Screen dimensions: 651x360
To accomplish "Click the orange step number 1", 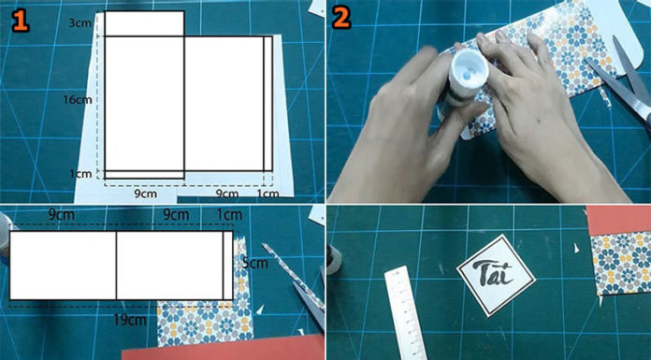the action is pyautogui.click(x=20, y=21).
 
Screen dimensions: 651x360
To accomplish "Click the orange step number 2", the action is pyautogui.click(x=341, y=19).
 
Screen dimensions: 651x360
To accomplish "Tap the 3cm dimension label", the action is pyautogui.click(x=80, y=22).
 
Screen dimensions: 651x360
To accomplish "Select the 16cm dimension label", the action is pyautogui.click(x=78, y=100).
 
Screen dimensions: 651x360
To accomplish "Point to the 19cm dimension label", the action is pyautogui.click(x=130, y=320).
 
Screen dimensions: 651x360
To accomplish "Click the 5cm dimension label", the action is pyautogui.click(x=254, y=263).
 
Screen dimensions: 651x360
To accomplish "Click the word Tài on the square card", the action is pyautogui.click(x=497, y=274).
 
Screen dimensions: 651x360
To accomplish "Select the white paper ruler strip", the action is pyautogui.click(x=405, y=313).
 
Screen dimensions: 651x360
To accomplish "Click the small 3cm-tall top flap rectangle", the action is pyautogui.click(x=144, y=23).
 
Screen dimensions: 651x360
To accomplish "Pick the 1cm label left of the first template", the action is pyautogui.click(x=80, y=174).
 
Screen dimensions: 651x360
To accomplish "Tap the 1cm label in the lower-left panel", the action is pyautogui.click(x=229, y=215).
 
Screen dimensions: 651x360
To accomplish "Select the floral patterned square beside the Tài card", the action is pyautogui.click(x=621, y=264).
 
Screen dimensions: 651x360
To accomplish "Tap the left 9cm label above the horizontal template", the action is pyautogui.click(x=61, y=215).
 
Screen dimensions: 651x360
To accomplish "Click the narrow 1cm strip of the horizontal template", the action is pyautogui.click(x=228, y=266).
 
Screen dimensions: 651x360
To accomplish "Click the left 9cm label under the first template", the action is pyautogui.click(x=145, y=194).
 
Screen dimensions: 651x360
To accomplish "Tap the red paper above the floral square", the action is pyautogui.click(x=618, y=219).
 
